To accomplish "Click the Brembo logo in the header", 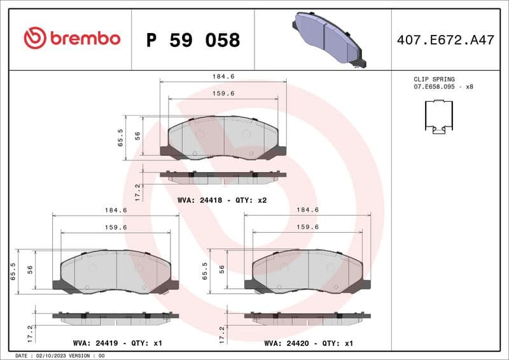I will pos(71,38).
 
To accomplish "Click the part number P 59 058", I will pos(193,40).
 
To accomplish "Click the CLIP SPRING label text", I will pos(434,80).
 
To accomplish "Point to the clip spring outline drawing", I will pos(438,118).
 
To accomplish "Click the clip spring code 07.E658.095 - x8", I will pos(443,87).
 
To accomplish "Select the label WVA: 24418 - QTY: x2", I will pos(221,200).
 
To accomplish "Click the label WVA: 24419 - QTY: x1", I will pos(117,343).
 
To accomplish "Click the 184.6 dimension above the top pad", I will pos(223,76).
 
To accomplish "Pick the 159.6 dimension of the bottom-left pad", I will pos(116,227).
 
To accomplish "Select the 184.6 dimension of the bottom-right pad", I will pos(308,210).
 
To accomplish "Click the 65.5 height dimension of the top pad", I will pos(120,138).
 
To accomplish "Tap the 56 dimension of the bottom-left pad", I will pos(31,269).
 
